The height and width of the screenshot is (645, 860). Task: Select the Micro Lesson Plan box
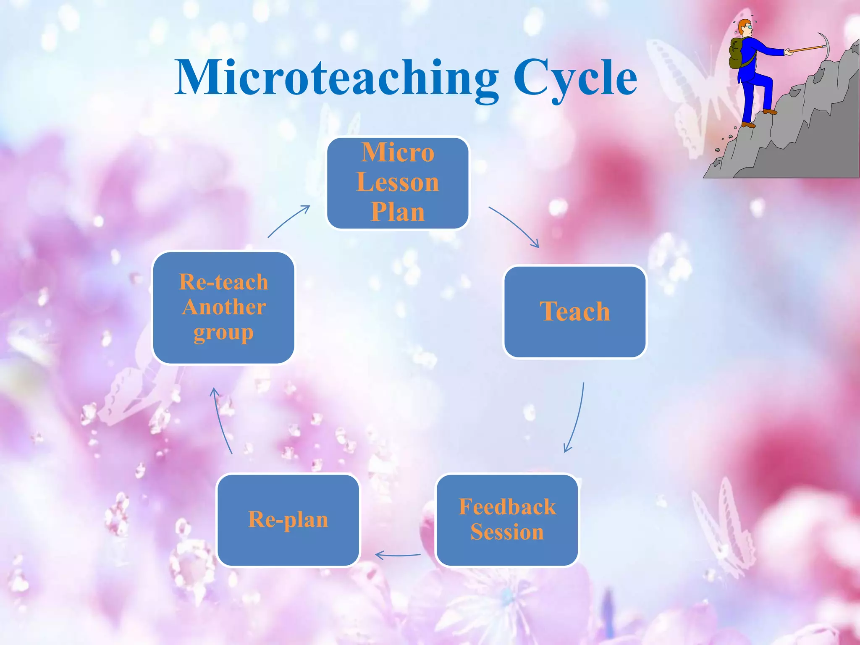398,183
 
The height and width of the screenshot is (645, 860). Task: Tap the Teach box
574,312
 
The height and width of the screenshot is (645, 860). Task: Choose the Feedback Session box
507,520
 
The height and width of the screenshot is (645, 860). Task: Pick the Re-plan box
288,520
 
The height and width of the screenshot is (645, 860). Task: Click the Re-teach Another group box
223,307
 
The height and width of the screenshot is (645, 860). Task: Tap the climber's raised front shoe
770,112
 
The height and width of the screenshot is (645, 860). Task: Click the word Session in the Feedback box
507,532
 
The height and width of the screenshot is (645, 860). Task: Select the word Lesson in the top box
398,182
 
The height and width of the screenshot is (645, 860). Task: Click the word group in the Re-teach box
223,333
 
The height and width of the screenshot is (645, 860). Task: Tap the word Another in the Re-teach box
224,307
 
